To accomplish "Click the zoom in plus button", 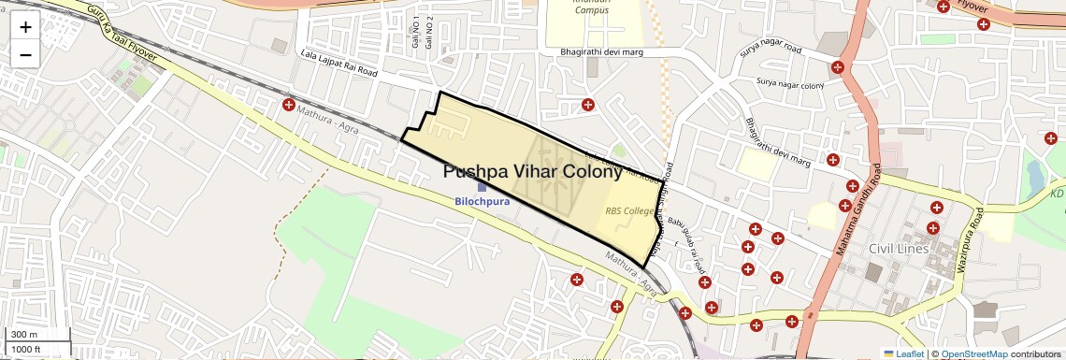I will pyautogui.click(x=25, y=26).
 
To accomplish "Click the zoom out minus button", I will pyautogui.click(x=25, y=54).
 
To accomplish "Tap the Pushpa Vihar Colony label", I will pyautogui.click(x=532, y=172).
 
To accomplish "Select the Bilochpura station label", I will pyautogui.click(x=482, y=201).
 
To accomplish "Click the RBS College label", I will pyautogui.click(x=629, y=211).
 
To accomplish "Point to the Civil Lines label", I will pyautogui.click(x=898, y=249).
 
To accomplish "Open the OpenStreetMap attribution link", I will pyautogui.click(x=973, y=354).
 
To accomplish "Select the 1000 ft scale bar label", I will pyautogui.click(x=26, y=349).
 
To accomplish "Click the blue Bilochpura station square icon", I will pyautogui.click(x=482, y=187).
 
